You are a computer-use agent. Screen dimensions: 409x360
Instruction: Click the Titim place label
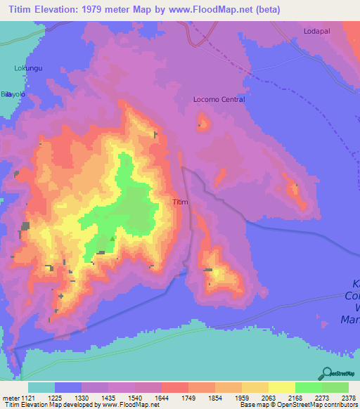(x=181, y=202)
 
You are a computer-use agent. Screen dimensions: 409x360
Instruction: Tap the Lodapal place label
(x=316, y=32)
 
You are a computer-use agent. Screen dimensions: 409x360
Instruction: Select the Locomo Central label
(x=219, y=100)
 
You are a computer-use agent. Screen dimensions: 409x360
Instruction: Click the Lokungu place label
(x=28, y=68)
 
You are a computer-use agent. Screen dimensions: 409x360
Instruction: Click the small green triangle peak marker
(x=112, y=238)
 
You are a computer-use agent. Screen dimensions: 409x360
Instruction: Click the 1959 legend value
(x=229, y=397)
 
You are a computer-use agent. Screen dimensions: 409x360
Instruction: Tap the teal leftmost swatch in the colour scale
(x=41, y=387)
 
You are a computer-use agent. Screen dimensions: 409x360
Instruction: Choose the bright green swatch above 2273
(x=308, y=387)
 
